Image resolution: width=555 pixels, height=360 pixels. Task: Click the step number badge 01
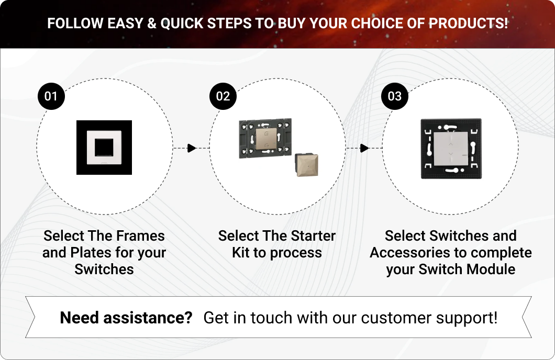click(51, 96)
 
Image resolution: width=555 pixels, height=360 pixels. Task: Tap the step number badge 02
click(223, 96)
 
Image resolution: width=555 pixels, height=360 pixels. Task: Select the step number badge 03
click(395, 96)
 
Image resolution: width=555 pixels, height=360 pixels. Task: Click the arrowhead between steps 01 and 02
click(192, 148)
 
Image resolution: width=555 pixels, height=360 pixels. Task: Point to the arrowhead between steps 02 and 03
click(364, 148)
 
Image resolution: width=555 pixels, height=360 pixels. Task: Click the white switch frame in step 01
click(104, 148)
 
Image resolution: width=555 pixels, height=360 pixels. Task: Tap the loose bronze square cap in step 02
click(306, 165)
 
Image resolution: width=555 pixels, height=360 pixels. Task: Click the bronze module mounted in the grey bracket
click(265, 139)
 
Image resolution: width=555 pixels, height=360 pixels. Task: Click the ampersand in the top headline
click(151, 24)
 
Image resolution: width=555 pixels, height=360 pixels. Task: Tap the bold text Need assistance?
click(126, 318)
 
